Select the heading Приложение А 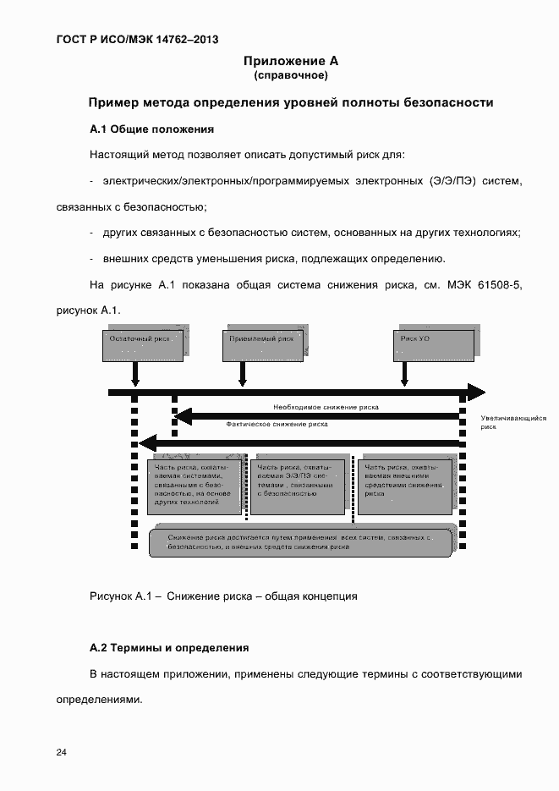[x=290, y=61]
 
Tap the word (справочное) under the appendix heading [x=290, y=75]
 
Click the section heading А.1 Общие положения [x=151, y=129]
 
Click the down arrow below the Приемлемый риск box [x=242, y=373]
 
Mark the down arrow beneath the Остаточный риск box [x=134, y=373]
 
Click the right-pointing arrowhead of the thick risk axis [x=476, y=393]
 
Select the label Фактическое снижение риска [x=277, y=424]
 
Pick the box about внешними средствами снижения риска [x=404, y=486]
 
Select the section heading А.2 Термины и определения [x=169, y=648]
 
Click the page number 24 [x=62, y=752]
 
